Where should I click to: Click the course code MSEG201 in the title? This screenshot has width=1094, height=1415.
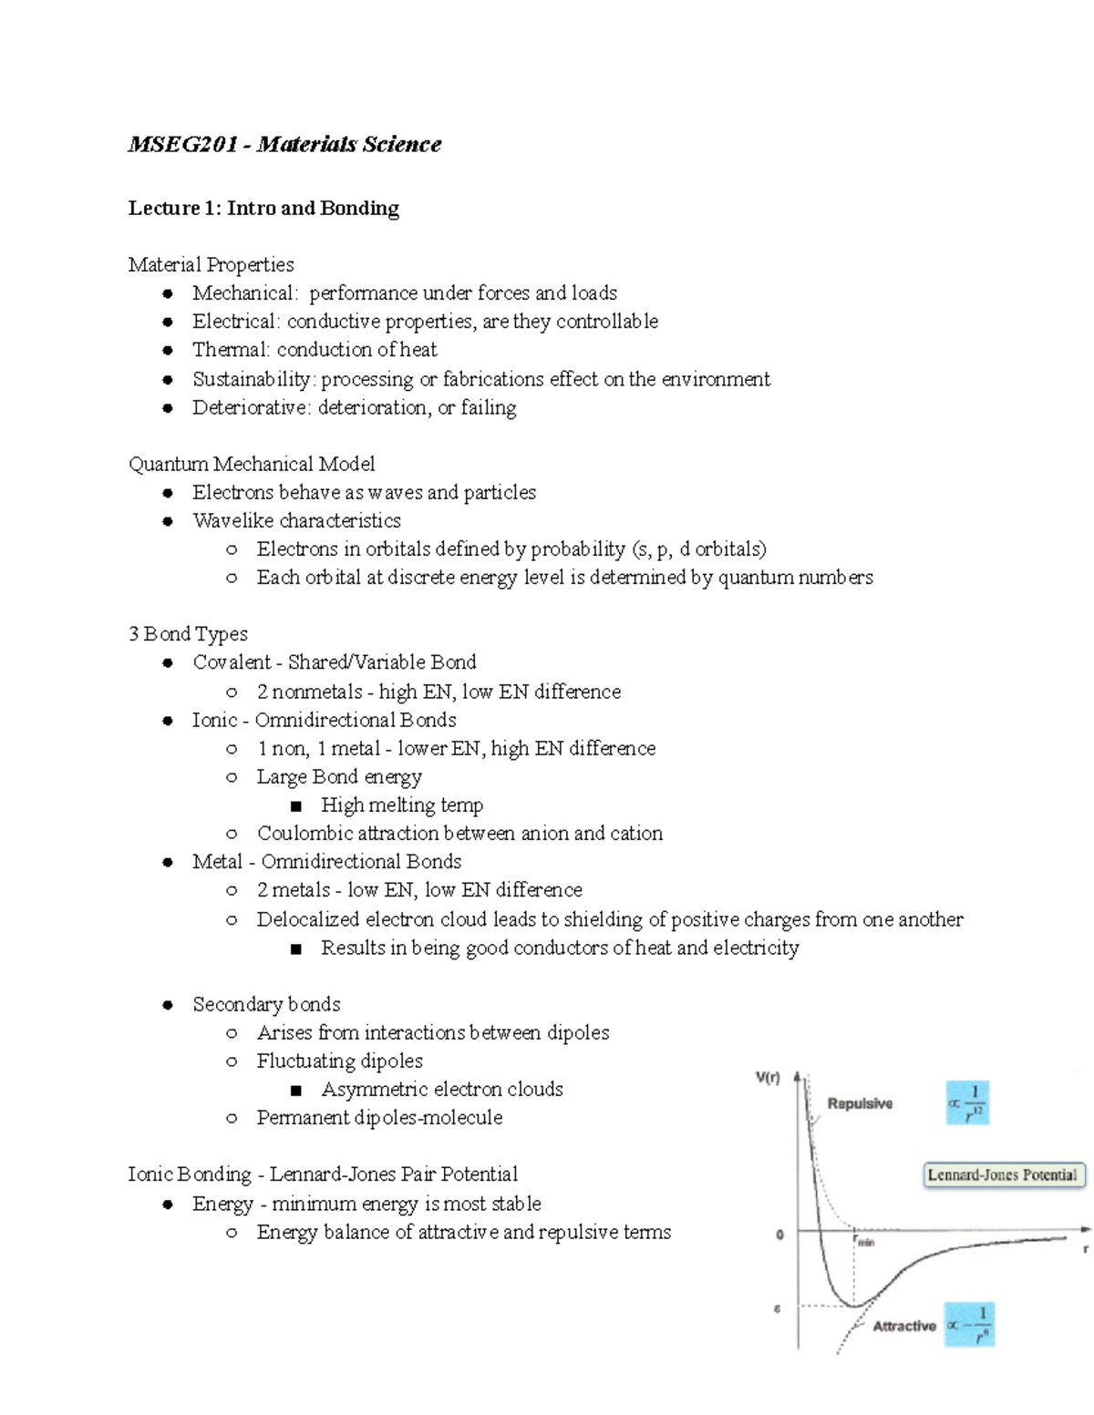click(182, 144)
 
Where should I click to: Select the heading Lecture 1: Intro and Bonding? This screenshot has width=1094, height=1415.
click(263, 208)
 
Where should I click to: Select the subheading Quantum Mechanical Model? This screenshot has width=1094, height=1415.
click(252, 464)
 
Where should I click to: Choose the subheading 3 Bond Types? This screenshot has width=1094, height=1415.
click(188, 633)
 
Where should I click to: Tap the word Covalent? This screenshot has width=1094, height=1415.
click(232, 662)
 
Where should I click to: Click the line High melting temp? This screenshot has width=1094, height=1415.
click(401, 805)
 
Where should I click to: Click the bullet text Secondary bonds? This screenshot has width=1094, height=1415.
click(266, 1004)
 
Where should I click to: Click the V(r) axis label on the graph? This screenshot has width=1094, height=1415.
click(768, 1078)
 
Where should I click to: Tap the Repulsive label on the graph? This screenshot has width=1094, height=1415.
click(859, 1103)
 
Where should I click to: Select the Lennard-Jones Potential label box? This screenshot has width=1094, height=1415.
click(1002, 1174)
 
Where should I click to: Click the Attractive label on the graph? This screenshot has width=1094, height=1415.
click(903, 1326)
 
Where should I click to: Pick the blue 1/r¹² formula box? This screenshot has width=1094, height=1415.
click(968, 1102)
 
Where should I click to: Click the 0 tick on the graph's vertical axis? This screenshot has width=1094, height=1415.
click(779, 1236)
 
